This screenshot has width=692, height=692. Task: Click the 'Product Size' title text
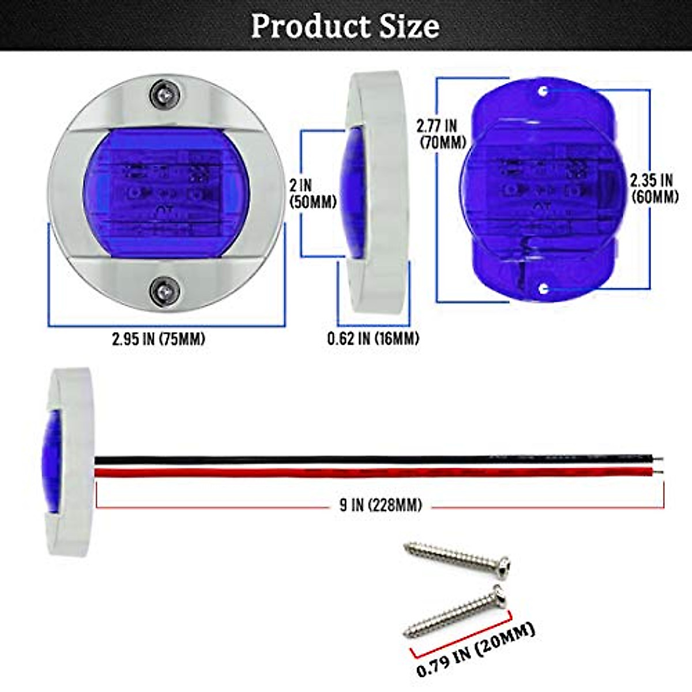click(x=345, y=26)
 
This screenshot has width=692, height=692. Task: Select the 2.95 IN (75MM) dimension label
click(x=159, y=339)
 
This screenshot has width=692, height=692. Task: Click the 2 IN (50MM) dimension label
click(x=313, y=194)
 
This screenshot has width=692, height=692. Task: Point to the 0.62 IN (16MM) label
click(x=373, y=339)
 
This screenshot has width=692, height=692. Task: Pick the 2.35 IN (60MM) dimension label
click(x=654, y=188)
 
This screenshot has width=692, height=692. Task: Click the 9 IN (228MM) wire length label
click(x=381, y=506)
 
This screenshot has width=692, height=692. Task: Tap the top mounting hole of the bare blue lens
click(x=543, y=91)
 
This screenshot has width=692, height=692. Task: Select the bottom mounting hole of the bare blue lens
click(x=543, y=287)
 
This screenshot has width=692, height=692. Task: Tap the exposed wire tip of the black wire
click(x=660, y=460)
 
